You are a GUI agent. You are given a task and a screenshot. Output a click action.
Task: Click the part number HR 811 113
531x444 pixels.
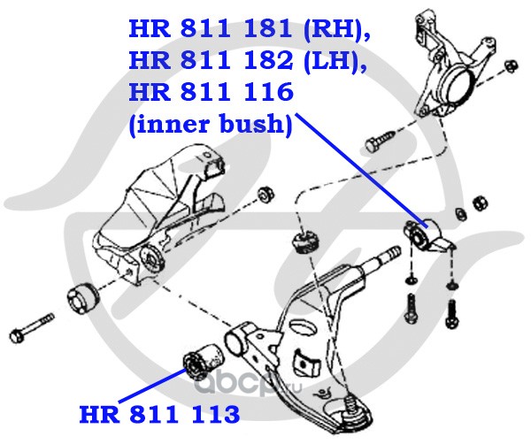point(159,414)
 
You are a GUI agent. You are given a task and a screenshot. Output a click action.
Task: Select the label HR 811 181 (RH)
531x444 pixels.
point(249,28)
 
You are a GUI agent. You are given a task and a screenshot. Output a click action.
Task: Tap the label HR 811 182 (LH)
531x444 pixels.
point(247,60)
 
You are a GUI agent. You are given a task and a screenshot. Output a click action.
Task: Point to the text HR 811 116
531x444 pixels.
point(211,91)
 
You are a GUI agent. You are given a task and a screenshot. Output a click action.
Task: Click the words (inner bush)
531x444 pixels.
point(211,124)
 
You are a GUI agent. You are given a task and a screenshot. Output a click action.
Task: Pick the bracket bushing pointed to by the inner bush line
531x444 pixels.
point(427,238)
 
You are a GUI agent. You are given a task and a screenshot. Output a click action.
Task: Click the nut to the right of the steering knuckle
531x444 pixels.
point(511,65)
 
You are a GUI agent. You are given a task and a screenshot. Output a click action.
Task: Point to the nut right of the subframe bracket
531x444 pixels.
point(265,195)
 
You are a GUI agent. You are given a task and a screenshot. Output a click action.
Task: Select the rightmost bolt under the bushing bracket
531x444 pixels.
point(451,313)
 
